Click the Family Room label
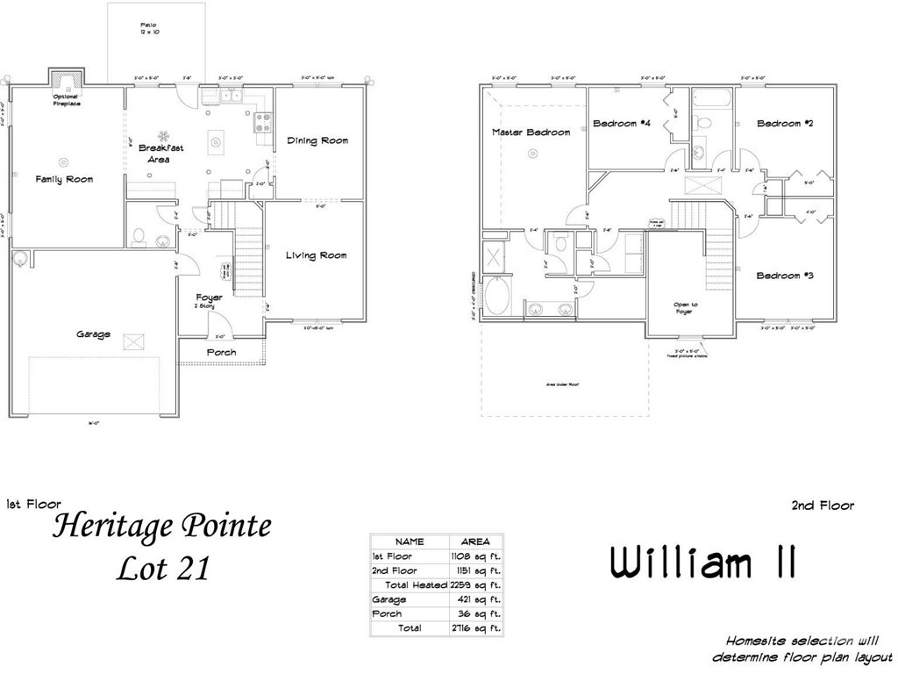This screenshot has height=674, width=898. [x=64, y=179]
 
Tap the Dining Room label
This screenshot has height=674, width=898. [x=317, y=140]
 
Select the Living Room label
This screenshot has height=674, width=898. [x=316, y=255]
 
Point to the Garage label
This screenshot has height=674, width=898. [x=93, y=334]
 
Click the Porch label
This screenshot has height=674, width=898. [x=221, y=353]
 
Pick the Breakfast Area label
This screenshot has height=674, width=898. [x=161, y=154]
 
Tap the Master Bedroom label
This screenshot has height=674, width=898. [x=531, y=133]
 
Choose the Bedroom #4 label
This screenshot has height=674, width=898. [x=621, y=124]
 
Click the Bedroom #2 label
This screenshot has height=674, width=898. [x=785, y=124]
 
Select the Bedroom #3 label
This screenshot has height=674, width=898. [x=785, y=276]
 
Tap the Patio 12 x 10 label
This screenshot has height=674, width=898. [x=149, y=28]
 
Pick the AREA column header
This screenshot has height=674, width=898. [x=476, y=541]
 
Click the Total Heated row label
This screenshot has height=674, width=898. [x=416, y=584]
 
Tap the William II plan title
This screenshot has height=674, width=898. [x=702, y=563]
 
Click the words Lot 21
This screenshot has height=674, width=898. [x=164, y=568]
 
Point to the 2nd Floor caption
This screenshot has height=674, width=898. [x=822, y=505]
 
